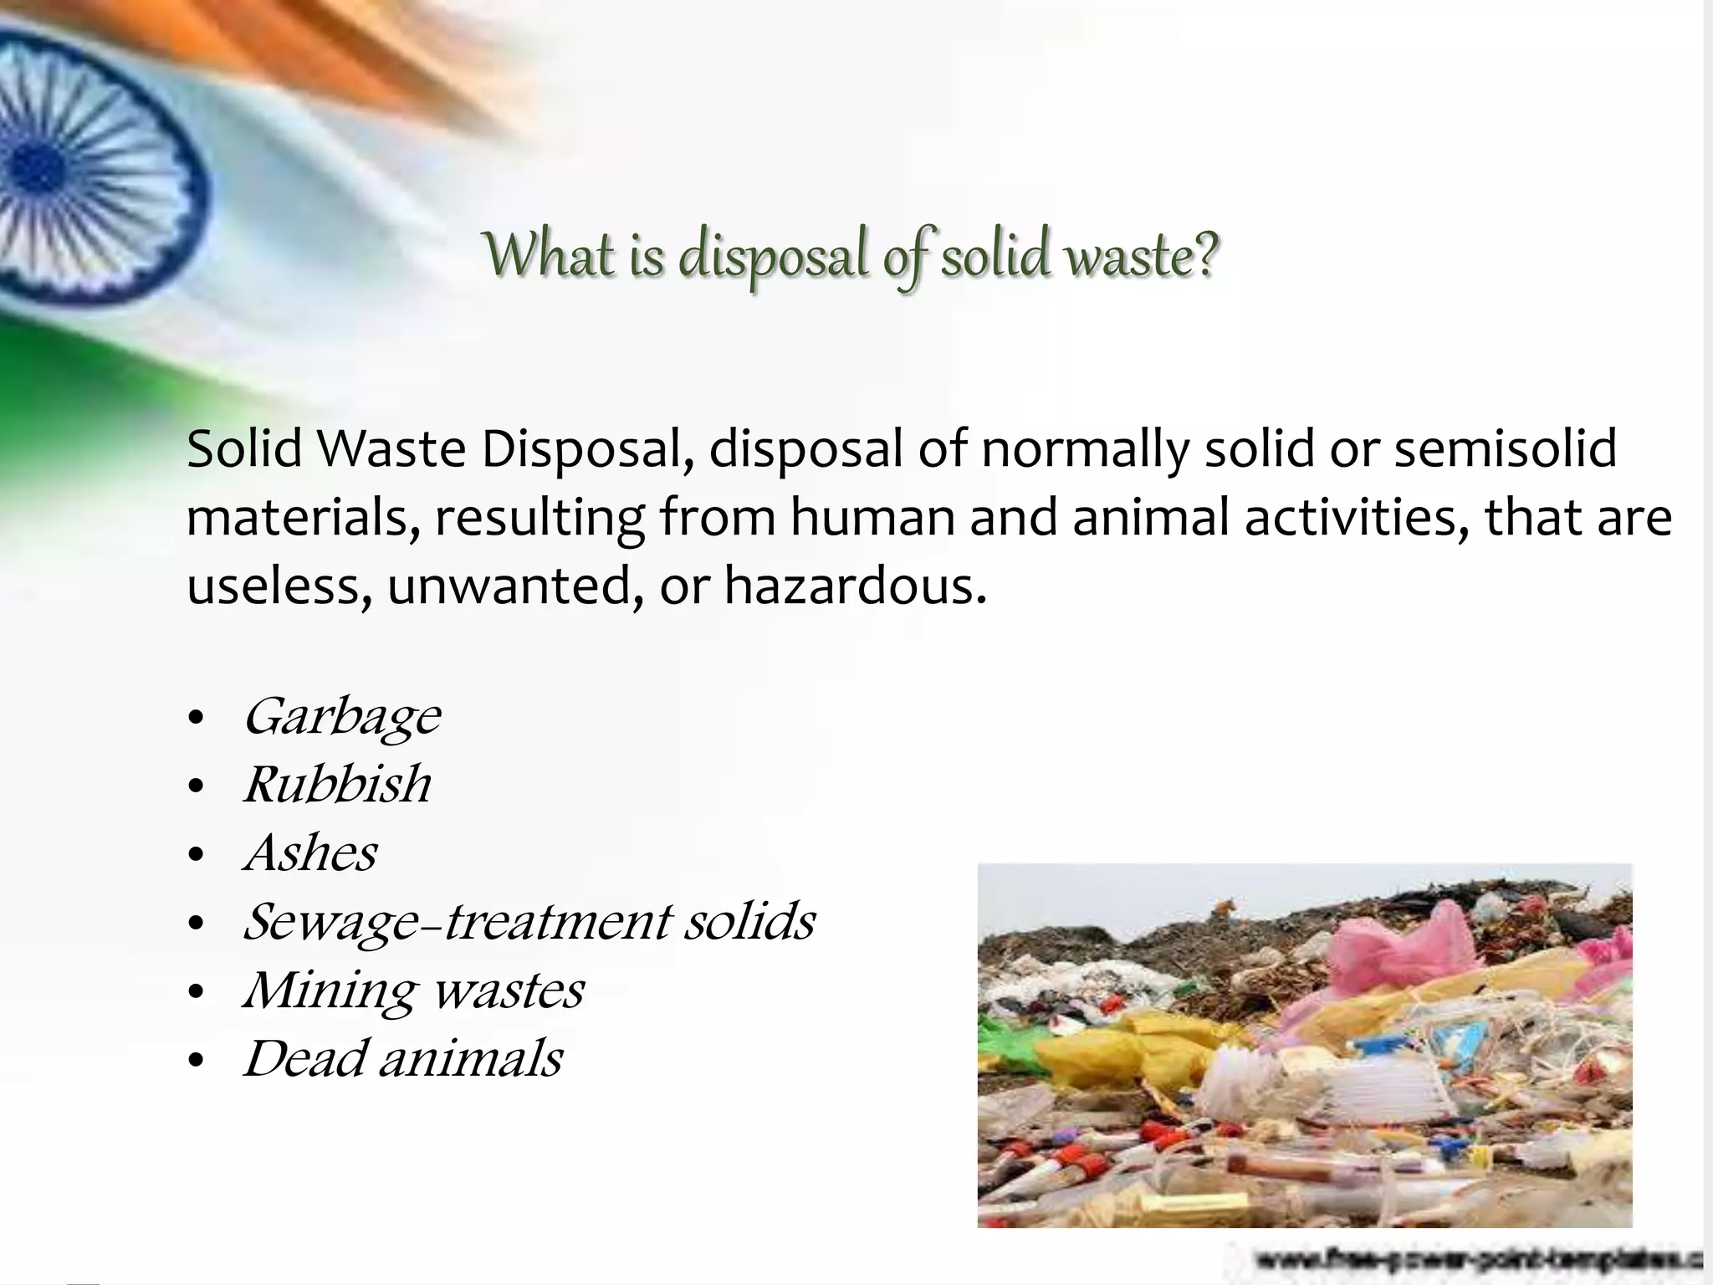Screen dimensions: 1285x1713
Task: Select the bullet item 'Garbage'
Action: click(341, 717)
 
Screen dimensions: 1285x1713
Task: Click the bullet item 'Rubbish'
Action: click(337, 785)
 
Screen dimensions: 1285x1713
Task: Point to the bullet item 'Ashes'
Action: click(310, 853)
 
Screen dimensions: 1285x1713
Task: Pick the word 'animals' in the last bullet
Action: click(470, 1058)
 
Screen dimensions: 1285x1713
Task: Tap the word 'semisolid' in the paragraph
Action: click(1505, 449)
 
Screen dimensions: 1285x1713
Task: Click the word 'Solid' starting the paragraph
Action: click(243, 449)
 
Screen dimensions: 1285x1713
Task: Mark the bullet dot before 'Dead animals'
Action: click(197, 1061)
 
